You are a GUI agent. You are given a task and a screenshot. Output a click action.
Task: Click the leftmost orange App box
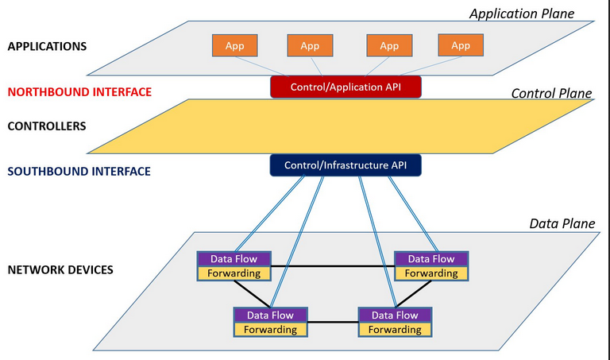click(234, 46)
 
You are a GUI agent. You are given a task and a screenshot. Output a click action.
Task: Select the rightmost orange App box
click(461, 46)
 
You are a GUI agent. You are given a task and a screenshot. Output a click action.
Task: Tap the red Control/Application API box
click(346, 87)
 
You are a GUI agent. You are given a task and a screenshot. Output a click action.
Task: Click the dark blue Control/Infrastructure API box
click(346, 165)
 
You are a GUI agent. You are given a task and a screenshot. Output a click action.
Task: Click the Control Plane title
click(551, 94)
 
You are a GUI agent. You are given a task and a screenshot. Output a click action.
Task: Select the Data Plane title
click(562, 223)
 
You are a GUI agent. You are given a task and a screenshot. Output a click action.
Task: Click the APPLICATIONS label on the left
click(47, 46)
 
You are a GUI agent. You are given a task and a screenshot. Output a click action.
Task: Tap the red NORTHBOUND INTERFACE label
click(79, 91)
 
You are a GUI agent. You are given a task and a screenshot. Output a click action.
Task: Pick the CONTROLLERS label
click(46, 126)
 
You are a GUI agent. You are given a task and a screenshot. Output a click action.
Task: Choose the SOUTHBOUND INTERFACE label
click(79, 171)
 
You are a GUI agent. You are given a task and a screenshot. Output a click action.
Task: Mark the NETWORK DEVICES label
click(60, 269)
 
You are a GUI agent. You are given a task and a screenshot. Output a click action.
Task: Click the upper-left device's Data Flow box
click(234, 259)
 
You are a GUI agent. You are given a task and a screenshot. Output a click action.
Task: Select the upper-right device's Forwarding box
click(431, 273)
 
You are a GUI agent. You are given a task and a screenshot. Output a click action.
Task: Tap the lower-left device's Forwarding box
click(270, 329)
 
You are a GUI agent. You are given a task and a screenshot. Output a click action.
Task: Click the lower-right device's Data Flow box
click(396, 315)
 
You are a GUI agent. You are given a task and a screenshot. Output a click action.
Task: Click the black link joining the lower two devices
click(333, 322)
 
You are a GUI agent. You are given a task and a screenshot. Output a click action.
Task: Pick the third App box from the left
click(388, 46)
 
